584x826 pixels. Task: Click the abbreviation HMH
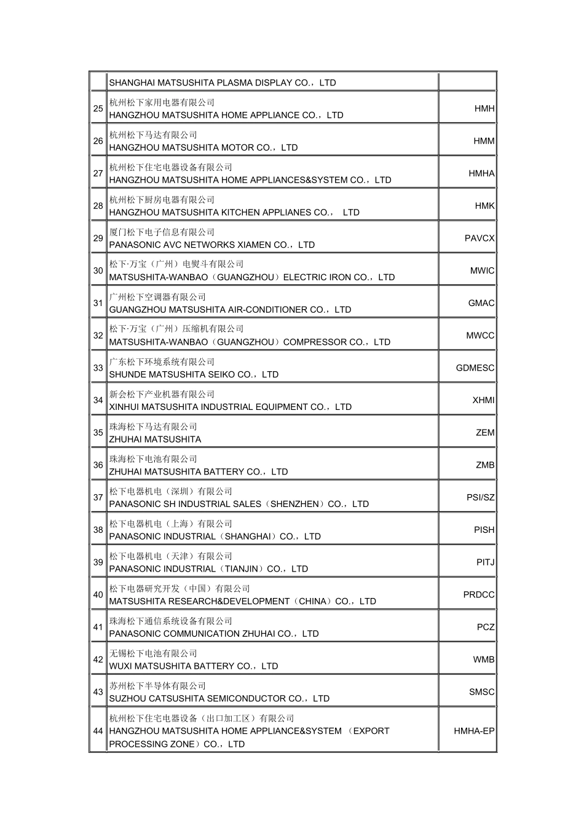tap(484, 109)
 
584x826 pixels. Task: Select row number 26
tap(98, 141)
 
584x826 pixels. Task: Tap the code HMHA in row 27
tap(481, 174)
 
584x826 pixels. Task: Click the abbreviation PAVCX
tap(479, 238)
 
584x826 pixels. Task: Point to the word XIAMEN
tap(253, 245)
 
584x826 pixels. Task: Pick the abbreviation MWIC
tap(482, 271)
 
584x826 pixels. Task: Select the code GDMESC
tap(475, 368)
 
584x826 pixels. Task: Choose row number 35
tap(98, 433)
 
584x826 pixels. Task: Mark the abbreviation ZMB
tap(485, 465)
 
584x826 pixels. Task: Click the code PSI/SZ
tap(480, 498)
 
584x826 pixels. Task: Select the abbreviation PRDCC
tap(479, 595)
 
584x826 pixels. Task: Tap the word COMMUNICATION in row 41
tap(196, 634)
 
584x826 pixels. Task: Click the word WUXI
tap(120, 666)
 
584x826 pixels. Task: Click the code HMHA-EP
tap(474, 731)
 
